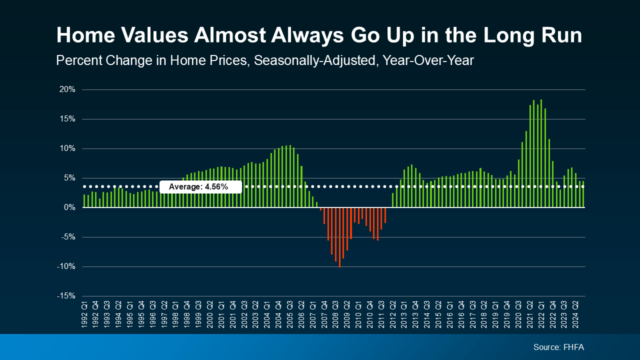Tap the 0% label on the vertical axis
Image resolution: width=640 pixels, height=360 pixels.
click(x=70, y=207)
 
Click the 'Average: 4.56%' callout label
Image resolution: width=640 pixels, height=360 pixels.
click(x=200, y=187)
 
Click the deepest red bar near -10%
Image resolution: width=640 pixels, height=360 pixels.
click(x=339, y=237)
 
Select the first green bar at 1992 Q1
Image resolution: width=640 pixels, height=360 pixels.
click(x=84, y=201)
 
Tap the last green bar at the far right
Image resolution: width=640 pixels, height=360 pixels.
click(x=583, y=194)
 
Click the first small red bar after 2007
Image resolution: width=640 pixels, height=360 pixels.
click(x=320, y=209)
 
